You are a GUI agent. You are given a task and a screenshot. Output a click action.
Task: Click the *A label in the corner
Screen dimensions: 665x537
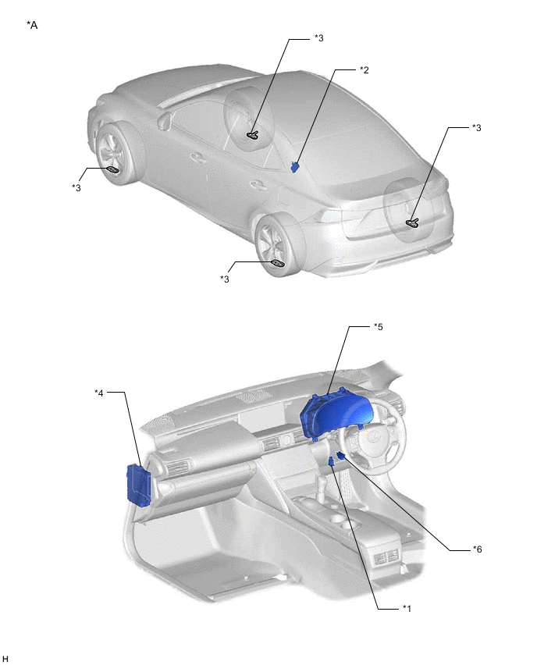click(x=32, y=25)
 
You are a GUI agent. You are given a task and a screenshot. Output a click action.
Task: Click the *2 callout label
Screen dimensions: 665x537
click(x=364, y=70)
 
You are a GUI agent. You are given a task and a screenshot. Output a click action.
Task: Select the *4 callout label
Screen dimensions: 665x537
click(x=99, y=392)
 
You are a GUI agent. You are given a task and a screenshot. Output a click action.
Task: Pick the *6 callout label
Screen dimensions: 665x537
click(x=477, y=549)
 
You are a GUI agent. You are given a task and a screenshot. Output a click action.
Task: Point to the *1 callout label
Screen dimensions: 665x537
click(x=406, y=607)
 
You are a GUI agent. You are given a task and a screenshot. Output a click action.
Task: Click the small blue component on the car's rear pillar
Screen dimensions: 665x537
click(x=295, y=165)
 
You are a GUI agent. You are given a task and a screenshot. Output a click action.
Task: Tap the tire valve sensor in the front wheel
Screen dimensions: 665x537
click(x=112, y=169)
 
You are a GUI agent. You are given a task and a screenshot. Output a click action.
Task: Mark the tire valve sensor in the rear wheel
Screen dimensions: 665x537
click(x=277, y=263)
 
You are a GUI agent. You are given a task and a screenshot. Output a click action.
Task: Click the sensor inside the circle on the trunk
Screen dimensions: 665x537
click(x=413, y=223)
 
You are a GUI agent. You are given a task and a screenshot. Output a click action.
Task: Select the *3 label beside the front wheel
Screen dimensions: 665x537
click(x=76, y=187)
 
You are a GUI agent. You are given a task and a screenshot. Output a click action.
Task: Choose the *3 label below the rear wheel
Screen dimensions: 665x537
click(x=225, y=279)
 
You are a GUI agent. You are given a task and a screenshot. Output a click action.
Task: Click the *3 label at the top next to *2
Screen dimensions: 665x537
click(x=318, y=37)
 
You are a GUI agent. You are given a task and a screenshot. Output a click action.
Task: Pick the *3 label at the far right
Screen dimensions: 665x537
click(x=477, y=127)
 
